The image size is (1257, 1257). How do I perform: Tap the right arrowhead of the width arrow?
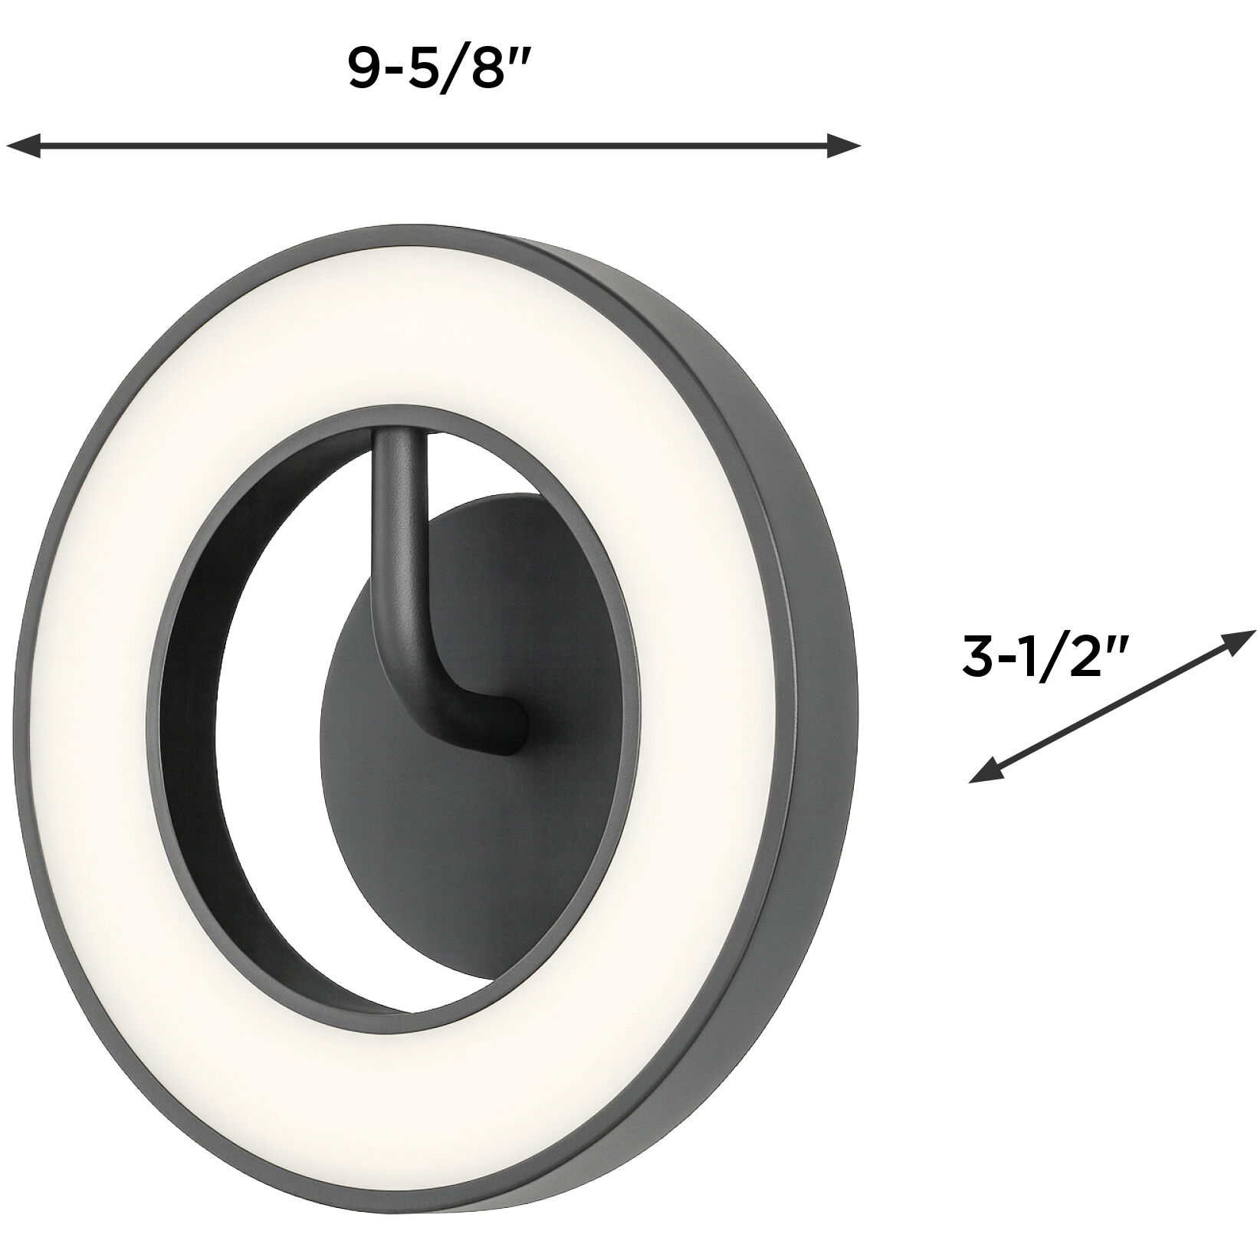pyautogui.click(x=845, y=144)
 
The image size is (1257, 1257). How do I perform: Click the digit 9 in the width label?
pyautogui.click(x=366, y=71)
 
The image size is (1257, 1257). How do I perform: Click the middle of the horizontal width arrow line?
pyautogui.click(x=433, y=144)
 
